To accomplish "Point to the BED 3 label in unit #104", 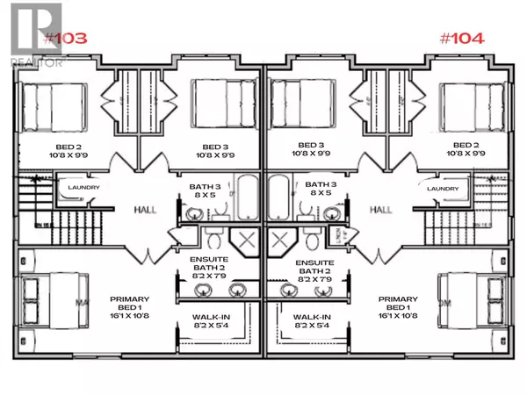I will [x=308, y=146].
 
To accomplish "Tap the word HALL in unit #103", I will [x=145, y=211].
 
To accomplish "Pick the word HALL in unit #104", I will [x=380, y=211].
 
